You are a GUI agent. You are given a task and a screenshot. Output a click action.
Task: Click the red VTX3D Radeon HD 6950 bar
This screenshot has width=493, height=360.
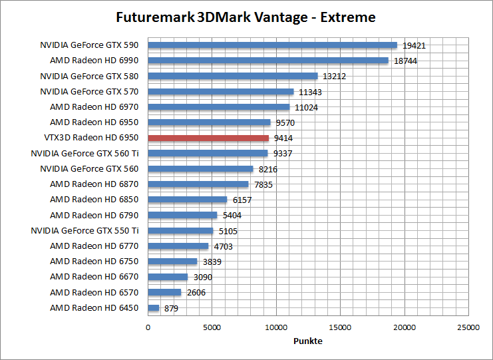(x=208, y=138)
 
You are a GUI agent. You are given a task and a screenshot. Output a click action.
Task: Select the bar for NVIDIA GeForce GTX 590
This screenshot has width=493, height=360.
(x=272, y=45)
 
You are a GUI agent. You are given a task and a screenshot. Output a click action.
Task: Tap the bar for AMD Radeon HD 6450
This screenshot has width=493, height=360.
(x=154, y=307)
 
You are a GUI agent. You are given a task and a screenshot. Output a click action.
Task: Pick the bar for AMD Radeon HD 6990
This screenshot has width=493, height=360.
(x=267, y=61)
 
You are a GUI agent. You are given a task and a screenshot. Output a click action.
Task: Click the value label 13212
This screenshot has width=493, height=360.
(x=334, y=77)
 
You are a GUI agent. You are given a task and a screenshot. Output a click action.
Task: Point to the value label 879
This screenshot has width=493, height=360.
(x=170, y=308)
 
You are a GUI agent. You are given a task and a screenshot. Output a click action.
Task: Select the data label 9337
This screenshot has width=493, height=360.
(x=283, y=154)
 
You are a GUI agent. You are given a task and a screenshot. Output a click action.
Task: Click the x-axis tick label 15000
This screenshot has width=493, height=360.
(x=340, y=327)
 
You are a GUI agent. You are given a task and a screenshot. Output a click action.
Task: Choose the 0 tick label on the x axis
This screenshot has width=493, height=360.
(x=148, y=327)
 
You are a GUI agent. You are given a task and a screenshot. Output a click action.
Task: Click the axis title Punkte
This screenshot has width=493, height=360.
(x=308, y=341)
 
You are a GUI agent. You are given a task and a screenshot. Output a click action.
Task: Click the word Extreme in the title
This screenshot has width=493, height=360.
(x=349, y=17)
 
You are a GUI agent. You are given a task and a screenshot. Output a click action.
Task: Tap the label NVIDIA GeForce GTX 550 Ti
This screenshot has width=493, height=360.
(x=84, y=231)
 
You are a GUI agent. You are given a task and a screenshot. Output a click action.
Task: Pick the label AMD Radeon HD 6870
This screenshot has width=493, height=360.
(x=94, y=184)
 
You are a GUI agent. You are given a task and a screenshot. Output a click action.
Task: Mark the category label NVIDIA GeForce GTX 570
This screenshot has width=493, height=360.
(x=89, y=92)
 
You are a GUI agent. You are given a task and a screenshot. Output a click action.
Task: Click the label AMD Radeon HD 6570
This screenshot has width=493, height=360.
(x=94, y=292)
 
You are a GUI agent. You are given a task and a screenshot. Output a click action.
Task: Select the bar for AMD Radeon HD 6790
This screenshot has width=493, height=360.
(x=182, y=215)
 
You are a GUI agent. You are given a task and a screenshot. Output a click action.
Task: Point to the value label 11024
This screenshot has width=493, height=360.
(x=305, y=107)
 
